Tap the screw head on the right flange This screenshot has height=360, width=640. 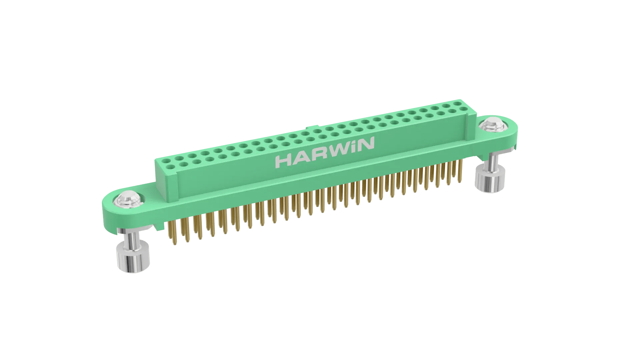[x=492, y=124]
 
